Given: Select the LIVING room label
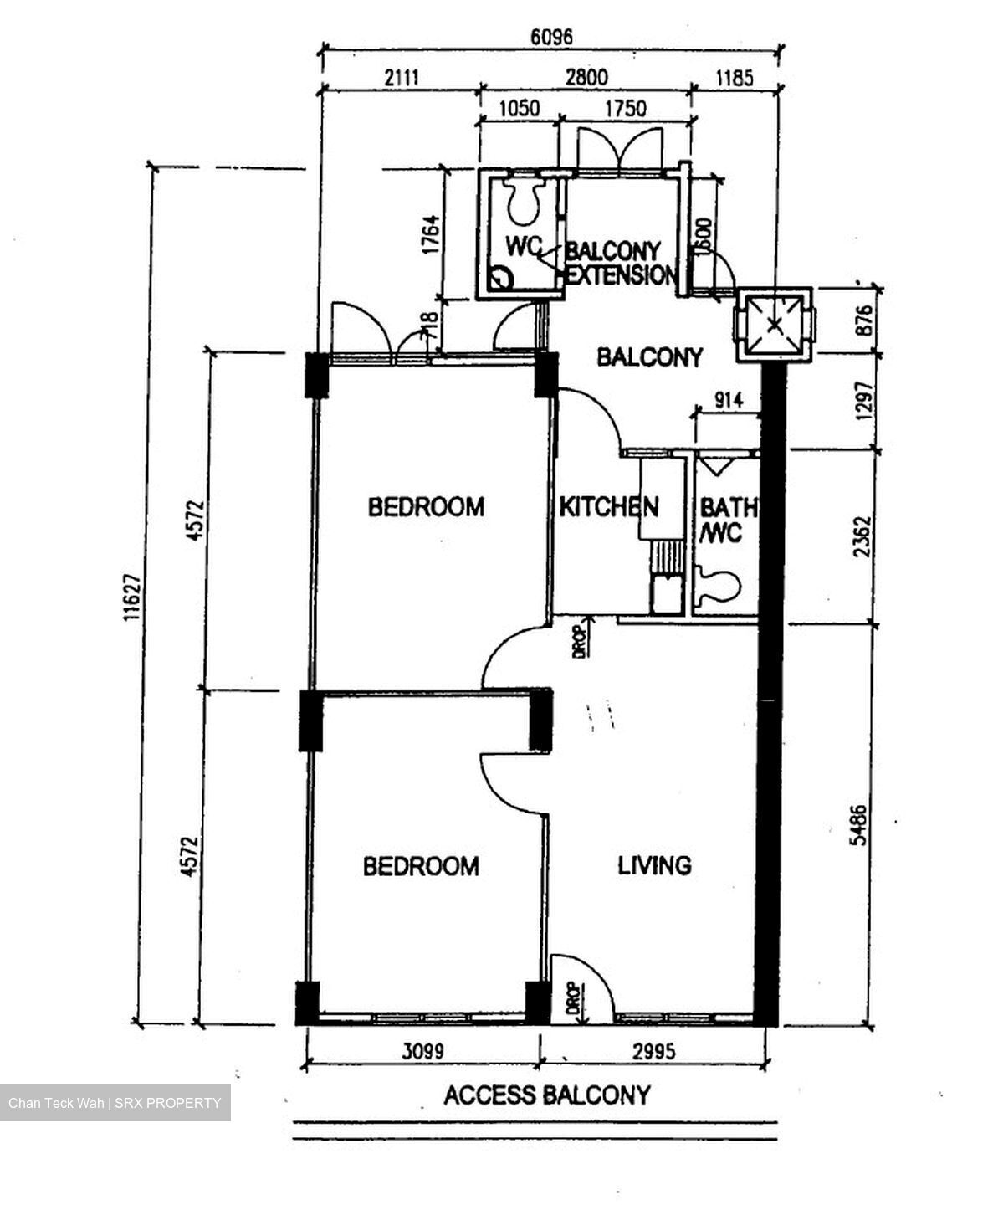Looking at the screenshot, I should (x=654, y=864).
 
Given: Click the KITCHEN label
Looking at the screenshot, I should (x=608, y=507).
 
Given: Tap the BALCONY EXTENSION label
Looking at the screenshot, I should (x=620, y=263).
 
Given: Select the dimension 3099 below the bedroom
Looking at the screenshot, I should (x=422, y=1050).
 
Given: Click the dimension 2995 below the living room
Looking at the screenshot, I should (x=653, y=1050).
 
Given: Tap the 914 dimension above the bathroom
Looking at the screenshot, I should (x=728, y=400).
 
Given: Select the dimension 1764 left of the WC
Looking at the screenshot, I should (x=430, y=235).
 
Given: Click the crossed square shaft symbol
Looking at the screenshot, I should (x=774, y=324).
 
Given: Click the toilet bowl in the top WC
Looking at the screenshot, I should (x=525, y=200).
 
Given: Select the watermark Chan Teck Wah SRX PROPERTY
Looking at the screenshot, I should (x=115, y=1103).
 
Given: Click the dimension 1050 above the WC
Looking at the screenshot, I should (x=519, y=108).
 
